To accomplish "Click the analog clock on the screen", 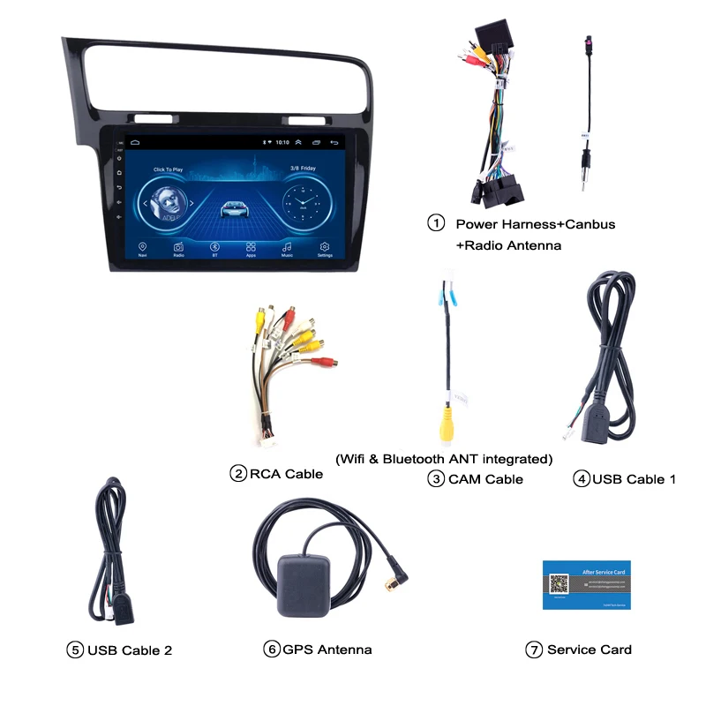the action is (302, 204).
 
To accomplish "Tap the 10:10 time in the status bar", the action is (282, 142).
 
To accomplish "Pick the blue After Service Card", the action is (587, 585).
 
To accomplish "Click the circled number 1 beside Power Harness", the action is (436, 223).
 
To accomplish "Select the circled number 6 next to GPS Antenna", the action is (272, 650).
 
